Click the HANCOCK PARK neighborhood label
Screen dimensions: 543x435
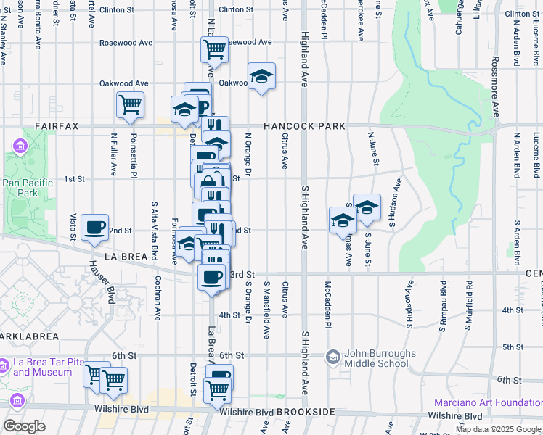[304, 126]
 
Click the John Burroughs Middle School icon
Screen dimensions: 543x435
[333, 357]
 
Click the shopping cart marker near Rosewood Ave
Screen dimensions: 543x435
[214, 50]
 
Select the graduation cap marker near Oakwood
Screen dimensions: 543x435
[262, 75]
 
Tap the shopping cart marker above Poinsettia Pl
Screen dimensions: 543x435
[130, 105]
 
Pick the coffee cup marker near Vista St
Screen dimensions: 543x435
[94, 228]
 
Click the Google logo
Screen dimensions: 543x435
[24, 426]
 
